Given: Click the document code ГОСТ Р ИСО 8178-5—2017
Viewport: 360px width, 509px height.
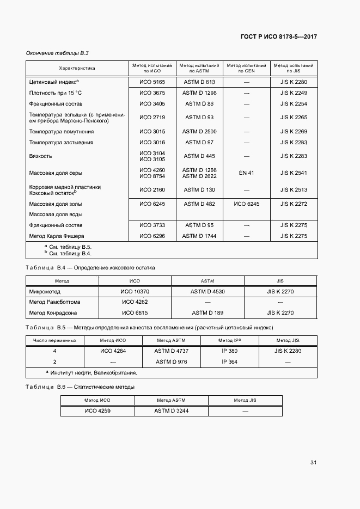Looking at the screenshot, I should (x=279, y=37).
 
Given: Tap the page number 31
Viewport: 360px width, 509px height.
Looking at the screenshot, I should (x=313, y=463).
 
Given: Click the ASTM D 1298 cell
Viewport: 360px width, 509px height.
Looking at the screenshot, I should (x=199, y=93).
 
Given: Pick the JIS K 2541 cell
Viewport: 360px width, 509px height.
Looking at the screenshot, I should (x=294, y=173).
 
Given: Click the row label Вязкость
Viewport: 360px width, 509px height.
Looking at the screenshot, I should (x=41, y=156).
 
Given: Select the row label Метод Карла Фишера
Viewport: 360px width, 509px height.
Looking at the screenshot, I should (x=57, y=236).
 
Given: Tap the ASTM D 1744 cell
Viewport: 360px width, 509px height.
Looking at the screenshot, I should (x=199, y=236).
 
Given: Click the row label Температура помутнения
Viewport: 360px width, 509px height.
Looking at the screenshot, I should (x=61, y=132).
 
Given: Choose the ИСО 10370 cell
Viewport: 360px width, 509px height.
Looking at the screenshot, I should (x=135, y=292).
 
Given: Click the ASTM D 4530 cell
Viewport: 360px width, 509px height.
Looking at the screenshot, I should (x=208, y=292).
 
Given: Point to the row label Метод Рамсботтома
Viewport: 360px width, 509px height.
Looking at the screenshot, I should (x=54, y=302).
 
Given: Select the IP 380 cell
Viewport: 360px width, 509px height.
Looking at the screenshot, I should (x=229, y=351).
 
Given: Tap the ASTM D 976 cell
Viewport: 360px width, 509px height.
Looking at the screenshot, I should (x=171, y=361).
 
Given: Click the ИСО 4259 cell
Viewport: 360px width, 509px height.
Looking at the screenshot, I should (x=97, y=411).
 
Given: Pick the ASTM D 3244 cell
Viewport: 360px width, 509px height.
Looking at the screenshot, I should (x=171, y=411).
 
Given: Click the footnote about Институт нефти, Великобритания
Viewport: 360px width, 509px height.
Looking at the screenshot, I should (x=93, y=373).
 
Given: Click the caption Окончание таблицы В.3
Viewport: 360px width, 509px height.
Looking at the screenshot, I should (x=57, y=53).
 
